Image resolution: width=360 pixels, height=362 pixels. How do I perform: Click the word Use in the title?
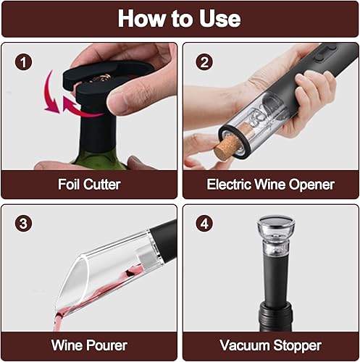coord(219,19)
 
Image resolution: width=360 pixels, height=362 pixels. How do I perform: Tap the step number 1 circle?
coord(23,62)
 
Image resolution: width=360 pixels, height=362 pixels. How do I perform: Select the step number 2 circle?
coord(204,62)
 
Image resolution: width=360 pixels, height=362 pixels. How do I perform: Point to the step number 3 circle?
coord(23,224)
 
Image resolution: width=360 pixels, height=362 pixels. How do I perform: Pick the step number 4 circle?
coord(204,224)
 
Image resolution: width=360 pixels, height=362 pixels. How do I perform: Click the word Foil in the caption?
coord(69,185)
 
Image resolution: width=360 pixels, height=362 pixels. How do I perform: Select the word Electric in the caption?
coord(229,185)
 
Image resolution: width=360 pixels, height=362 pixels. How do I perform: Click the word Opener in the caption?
coord(311,185)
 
